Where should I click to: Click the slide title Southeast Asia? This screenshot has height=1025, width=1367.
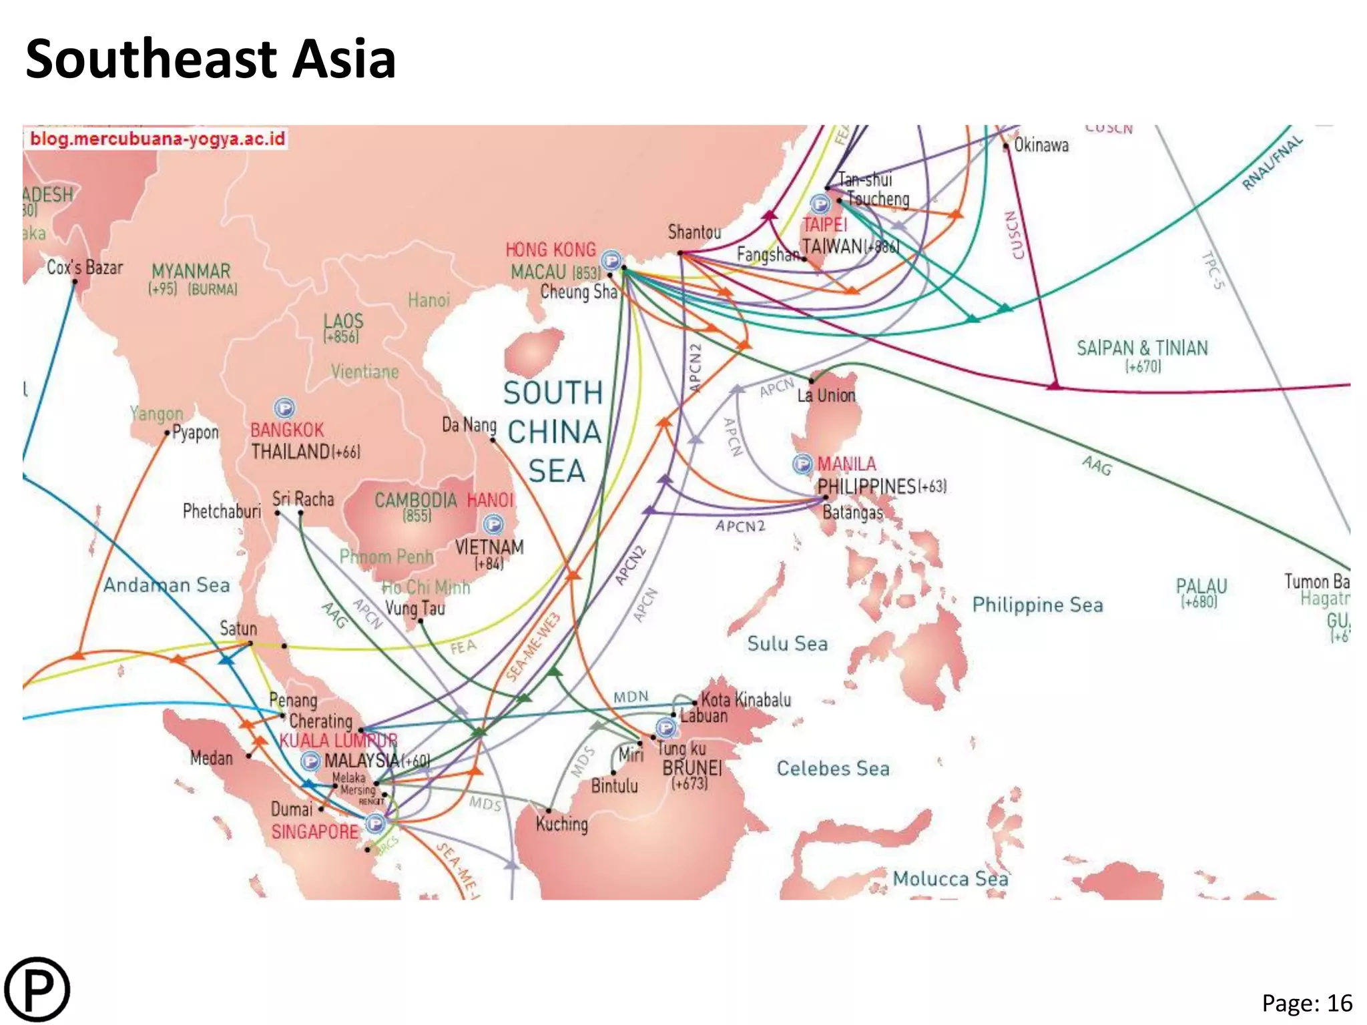[x=211, y=59]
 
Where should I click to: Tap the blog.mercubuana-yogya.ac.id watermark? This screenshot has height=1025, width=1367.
[x=158, y=139]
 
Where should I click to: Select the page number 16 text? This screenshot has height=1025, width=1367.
[x=1306, y=1003]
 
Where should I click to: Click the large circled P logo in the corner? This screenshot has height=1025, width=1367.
[x=37, y=990]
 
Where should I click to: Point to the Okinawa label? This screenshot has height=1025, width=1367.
[x=1041, y=145]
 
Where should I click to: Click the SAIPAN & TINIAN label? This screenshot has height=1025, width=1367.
[x=1142, y=348]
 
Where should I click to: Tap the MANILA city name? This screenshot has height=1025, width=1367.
[x=846, y=464]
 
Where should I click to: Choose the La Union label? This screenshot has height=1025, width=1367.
[x=826, y=396]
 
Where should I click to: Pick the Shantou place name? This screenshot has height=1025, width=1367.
[x=694, y=232]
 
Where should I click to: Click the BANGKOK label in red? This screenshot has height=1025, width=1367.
[x=287, y=430]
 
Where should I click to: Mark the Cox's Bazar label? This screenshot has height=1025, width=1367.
[x=85, y=268]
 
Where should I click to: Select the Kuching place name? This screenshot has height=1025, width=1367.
[x=562, y=824]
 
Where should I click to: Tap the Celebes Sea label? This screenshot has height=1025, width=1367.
[x=833, y=769]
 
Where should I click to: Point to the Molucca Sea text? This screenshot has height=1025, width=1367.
[x=950, y=878]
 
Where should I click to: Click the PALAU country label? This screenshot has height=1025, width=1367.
[x=1201, y=586]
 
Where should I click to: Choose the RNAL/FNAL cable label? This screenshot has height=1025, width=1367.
[x=1272, y=163]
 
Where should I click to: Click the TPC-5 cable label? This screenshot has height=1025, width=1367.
[x=1213, y=270]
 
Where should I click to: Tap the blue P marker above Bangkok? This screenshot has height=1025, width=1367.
[x=284, y=407]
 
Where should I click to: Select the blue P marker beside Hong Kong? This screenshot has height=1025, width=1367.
[x=611, y=260]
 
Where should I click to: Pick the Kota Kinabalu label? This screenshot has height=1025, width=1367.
[x=746, y=700]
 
